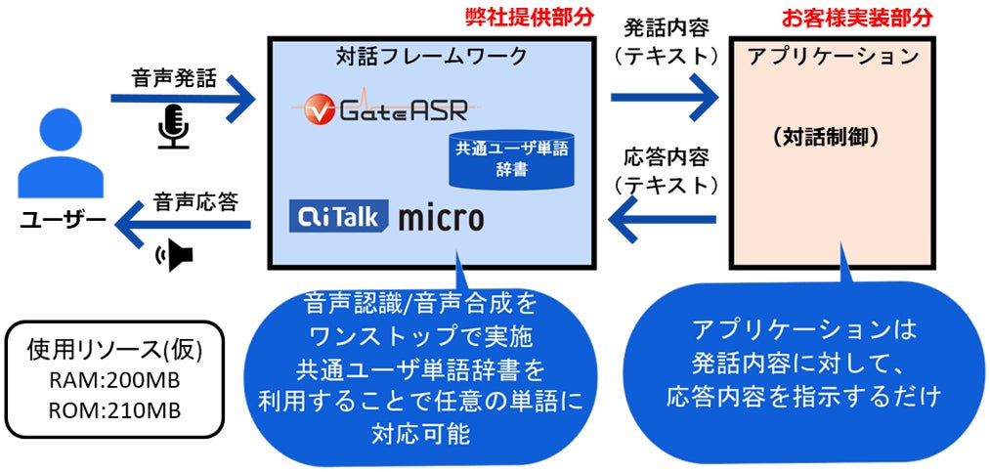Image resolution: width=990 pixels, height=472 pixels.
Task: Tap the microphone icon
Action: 173,128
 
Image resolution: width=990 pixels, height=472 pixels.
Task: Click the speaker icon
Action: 176,256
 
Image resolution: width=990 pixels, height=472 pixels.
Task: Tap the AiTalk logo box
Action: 340,214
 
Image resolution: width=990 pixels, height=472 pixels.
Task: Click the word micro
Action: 440,216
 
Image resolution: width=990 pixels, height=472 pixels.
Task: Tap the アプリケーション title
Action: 833,56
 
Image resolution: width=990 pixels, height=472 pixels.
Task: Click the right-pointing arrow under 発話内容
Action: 665,98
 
